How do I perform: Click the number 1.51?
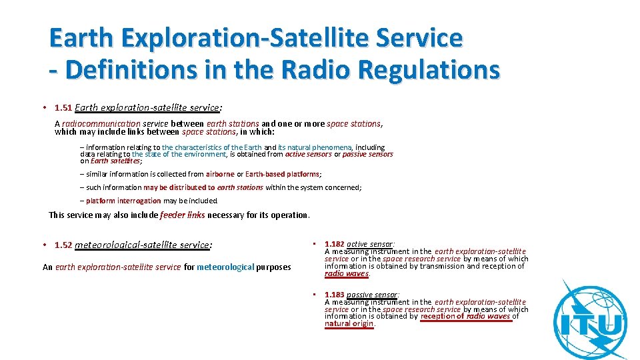pos(64,107)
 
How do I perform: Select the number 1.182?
pos(335,245)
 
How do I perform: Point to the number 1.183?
pos(335,295)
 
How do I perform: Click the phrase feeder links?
pos(183,215)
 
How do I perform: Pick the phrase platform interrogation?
pos(123,201)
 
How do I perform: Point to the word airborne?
pos(220,174)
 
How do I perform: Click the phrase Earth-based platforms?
pos(283,174)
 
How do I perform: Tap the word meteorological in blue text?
pos(225,267)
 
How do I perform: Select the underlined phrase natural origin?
pos(349,324)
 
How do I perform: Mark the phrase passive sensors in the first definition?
pos(367,154)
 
